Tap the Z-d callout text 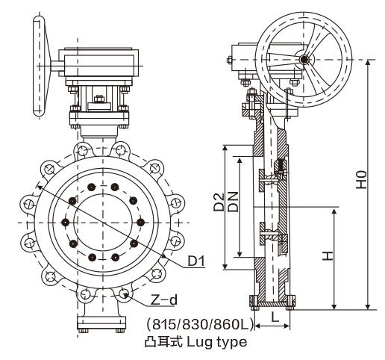163,300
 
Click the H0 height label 360,180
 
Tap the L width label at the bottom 275,317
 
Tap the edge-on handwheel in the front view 37,67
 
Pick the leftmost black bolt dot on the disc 66,222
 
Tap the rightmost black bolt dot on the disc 140,221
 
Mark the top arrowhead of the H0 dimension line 368,60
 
